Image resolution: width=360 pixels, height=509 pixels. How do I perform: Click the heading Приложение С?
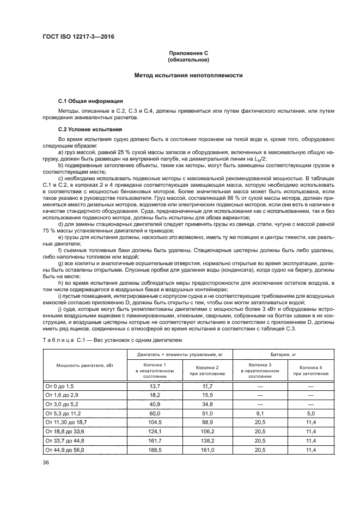tap(188, 53)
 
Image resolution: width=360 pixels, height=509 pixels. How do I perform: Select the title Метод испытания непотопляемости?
tap(188, 76)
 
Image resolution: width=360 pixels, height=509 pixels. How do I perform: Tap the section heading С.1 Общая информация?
tap(90, 101)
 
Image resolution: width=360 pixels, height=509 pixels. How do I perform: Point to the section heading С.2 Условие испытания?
tap(90, 129)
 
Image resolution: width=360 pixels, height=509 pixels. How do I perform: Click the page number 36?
tap(46, 462)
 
